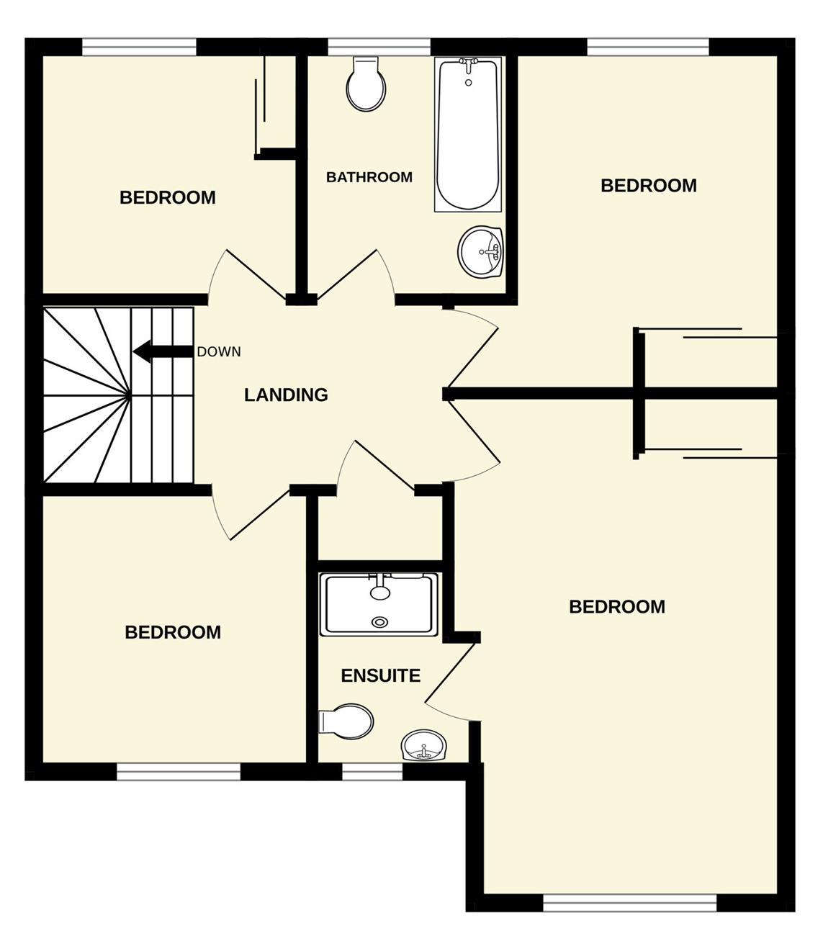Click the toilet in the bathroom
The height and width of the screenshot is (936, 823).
coord(366,84)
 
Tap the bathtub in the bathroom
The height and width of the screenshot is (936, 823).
coord(467,135)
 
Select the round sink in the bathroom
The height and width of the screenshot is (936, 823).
coord(481,252)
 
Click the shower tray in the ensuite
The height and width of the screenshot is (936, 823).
coord(379,605)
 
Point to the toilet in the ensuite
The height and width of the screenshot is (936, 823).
coord(346,721)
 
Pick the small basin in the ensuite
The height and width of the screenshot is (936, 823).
coord(424,745)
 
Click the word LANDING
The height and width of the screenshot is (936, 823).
coord(286,395)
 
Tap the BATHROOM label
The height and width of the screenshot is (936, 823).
coord(369,177)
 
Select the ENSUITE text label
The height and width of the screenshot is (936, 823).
coord(381,676)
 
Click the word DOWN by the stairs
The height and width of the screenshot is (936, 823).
coord(219,352)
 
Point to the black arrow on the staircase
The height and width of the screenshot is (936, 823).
coord(163,351)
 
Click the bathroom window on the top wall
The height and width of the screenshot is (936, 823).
coord(379,47)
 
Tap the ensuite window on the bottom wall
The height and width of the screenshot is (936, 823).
coord(372,772)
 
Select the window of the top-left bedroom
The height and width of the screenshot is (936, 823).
coord(139,47)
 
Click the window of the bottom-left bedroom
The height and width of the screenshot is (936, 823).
coord(179,772)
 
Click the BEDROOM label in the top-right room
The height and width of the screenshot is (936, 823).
coord(649,186)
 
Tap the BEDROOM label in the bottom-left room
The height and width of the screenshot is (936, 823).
coord(173,632)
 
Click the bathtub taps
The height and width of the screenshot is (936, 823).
coord(468,66)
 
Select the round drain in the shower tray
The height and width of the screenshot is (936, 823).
coord(380,622)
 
